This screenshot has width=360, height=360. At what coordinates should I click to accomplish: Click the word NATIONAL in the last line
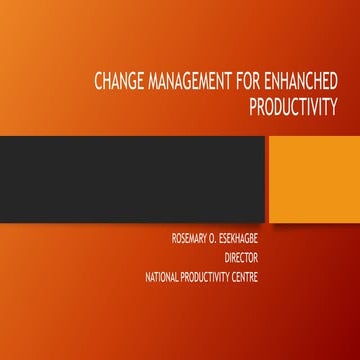point(168,275)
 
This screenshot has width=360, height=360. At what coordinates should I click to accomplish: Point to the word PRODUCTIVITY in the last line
point(224,275)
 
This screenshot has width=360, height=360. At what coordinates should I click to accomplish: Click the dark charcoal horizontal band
point(130,179)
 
